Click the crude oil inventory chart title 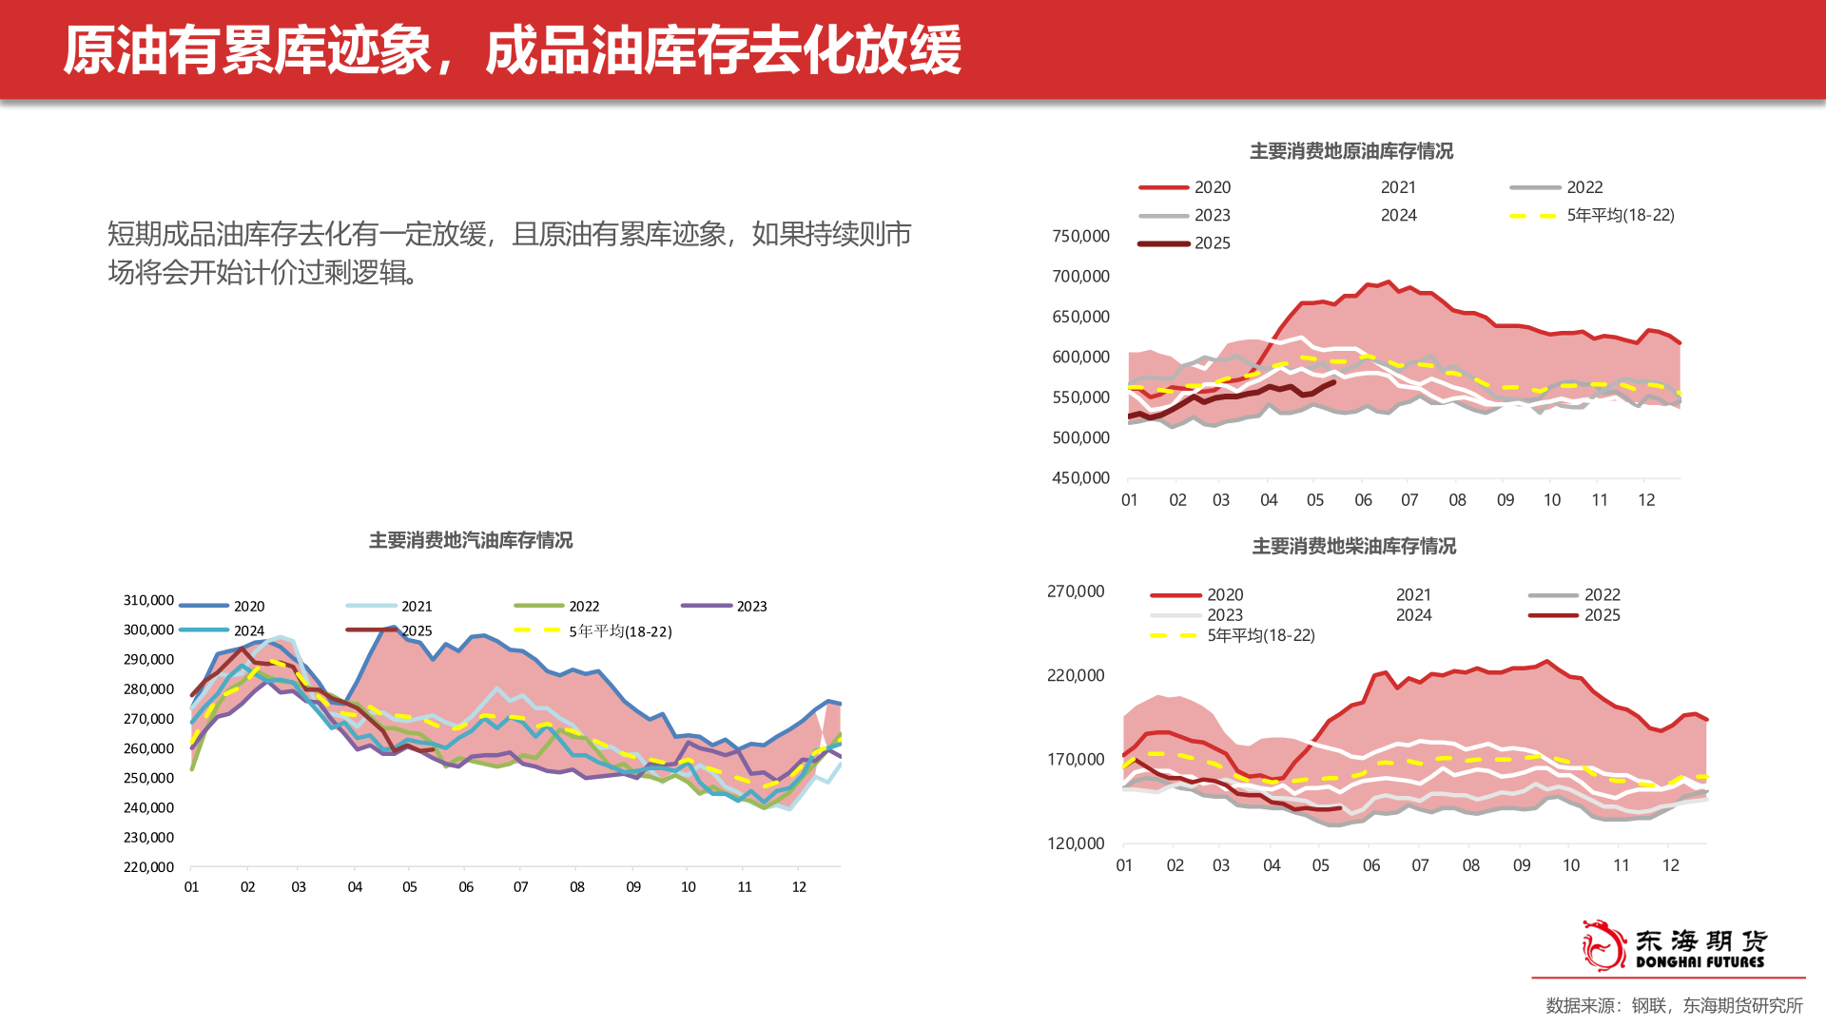click(x=1350, y=151)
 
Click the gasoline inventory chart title click(x=471, y=540)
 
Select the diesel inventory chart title click(x=1353, y=546)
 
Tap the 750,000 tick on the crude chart click(x=1080, y=236)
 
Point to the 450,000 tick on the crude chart click(x=1080, y=477)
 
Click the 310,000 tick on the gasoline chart click(x=148, y=600)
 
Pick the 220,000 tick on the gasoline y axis click(x=148, y=866)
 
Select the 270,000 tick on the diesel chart click(x=1076, y=591)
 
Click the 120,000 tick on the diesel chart click(x=1076, y=843)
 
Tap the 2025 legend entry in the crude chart click(x=1212, y=243)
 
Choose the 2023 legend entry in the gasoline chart click(x=750, y=606)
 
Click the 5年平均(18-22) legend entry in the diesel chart click(x=1260, y=635)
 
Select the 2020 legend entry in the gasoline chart click(x=248, y=606)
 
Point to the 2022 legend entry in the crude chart click(x=1583, y=187)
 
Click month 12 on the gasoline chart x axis click(x=799, y=886)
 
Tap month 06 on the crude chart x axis click(x=1363, y=500)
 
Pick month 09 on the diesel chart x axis click(x=1522, y=865)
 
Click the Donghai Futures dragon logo click(x=1603, y=945)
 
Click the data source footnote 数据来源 click(x=1674, y=1005)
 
